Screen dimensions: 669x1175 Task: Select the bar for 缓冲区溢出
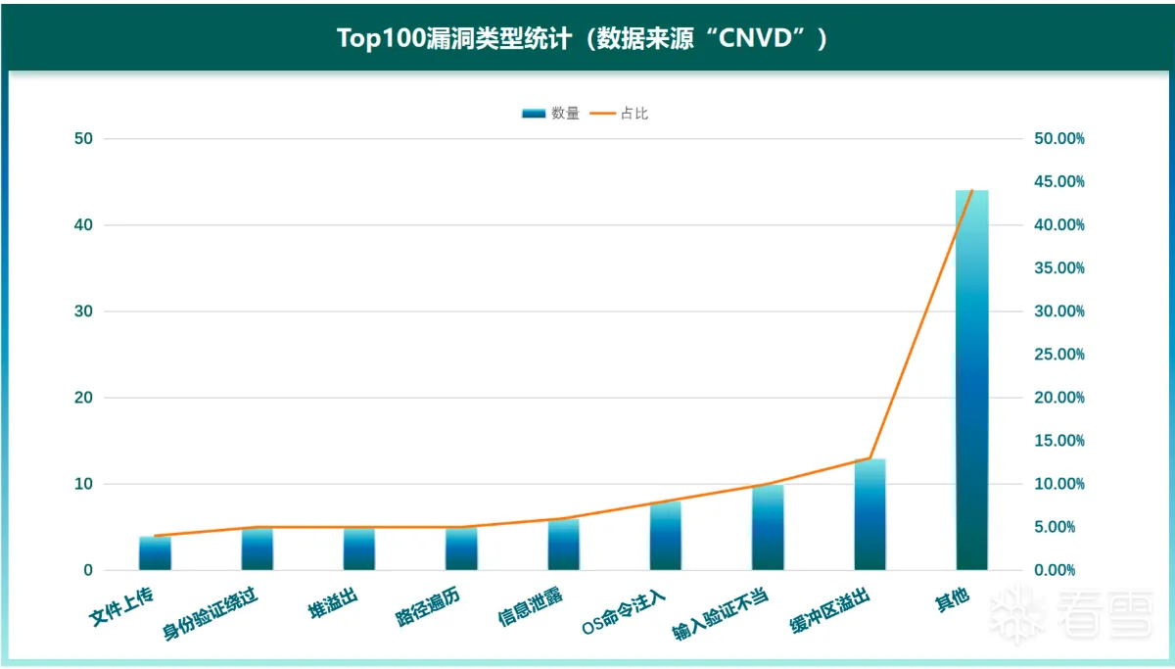click(x=869, y=514)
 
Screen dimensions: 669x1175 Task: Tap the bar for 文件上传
click(x=155, y=553)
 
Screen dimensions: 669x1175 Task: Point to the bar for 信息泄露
click(x=563, y=545)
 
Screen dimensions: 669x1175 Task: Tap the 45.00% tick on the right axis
click(x=1059, y=182)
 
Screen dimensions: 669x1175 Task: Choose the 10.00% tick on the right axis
click(x=1059, y=484)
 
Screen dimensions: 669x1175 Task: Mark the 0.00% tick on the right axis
click(x=1059, y=570)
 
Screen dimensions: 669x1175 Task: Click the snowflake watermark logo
click(x=1017, y=615)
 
